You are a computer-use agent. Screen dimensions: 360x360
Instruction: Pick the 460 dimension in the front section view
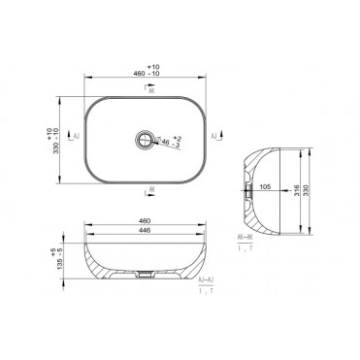point(146,219)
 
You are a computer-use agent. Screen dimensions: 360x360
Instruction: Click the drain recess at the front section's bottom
point(146,276)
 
